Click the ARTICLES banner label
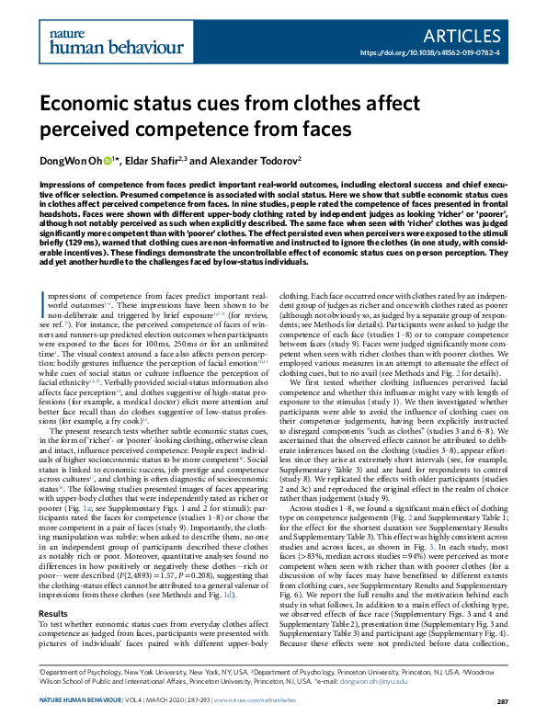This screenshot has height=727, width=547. point(467,35)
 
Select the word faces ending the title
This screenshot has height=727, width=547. point(301,131)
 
